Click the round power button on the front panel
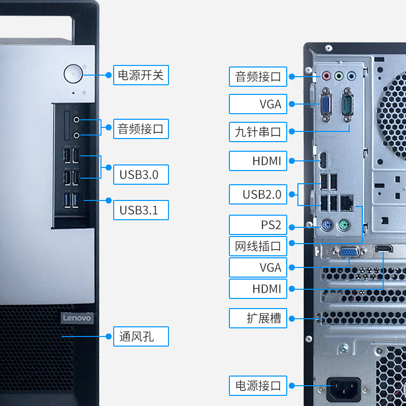(73, 74)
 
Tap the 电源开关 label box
(141, 75)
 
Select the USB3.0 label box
(141, 175)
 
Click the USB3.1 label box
(141, 210)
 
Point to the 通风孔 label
(141, 336)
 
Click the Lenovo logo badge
(77, 318)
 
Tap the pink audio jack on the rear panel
(326, 76)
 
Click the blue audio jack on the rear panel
(351, 76)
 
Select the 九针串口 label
(258, 132)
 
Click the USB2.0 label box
(258, 194)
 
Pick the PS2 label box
(258, 225)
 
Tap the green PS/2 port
(344, 225)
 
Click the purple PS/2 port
(326, 225)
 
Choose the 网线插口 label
(258, 246)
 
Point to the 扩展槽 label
(258, 318)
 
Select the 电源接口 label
(258, 386)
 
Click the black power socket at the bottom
(344, 389)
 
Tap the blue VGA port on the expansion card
(349, 252)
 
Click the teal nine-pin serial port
(348, 105)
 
